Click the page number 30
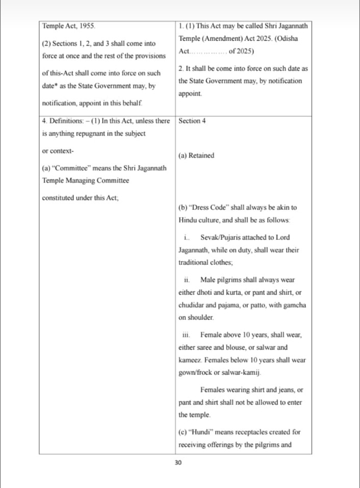tap(179, 463)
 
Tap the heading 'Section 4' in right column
tap(192, 121)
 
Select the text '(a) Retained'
tap(196, 156)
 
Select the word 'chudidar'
tap(192, 304)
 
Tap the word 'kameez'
tap(190, 360)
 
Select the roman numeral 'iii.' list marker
tap(187, 335)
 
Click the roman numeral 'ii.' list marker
tap(187, 280)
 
